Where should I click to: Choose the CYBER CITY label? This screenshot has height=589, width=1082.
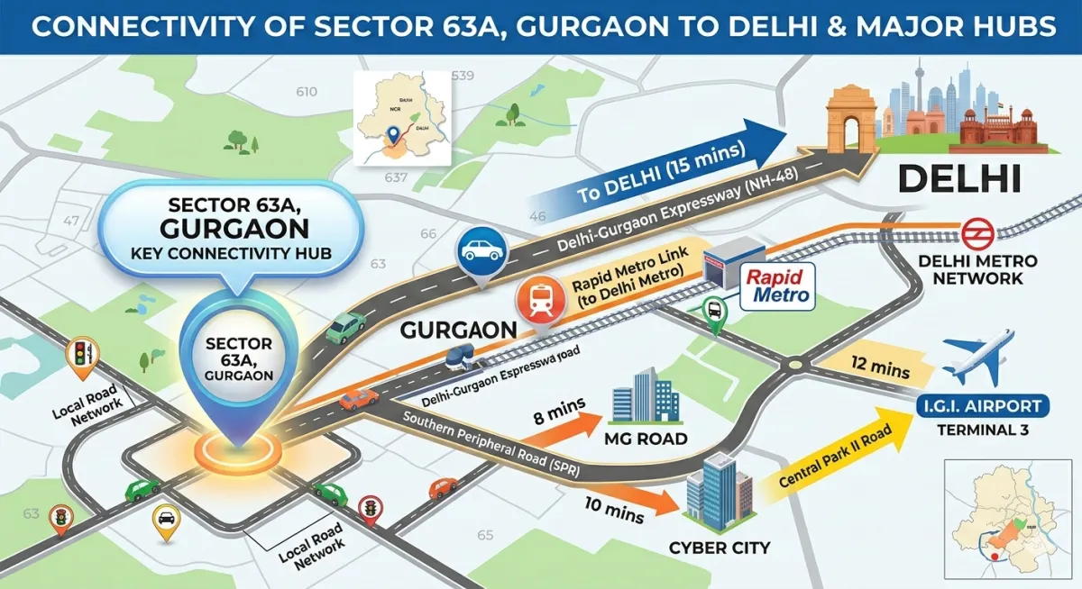[720, 547]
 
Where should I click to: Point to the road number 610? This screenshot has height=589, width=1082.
[307, 92]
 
